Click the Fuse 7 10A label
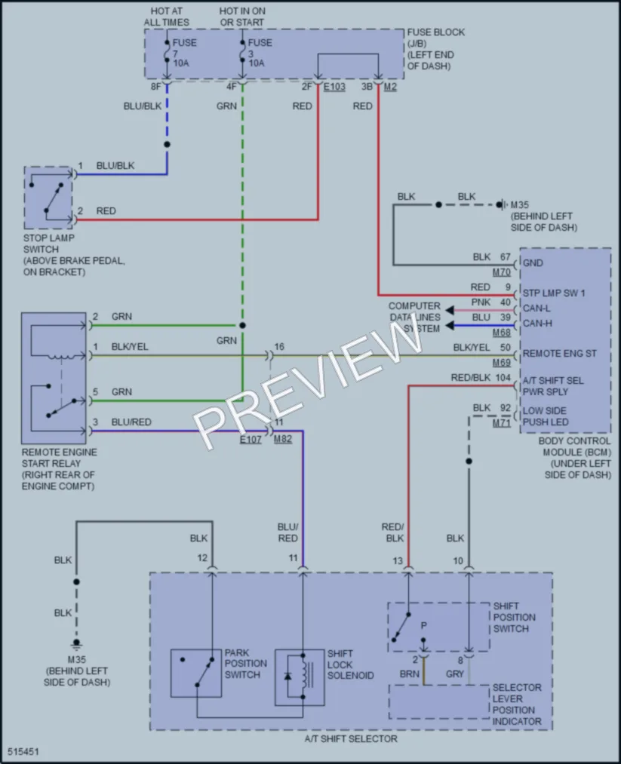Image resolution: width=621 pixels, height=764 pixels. coord(184,53)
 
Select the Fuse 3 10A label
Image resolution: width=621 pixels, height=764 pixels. coord(260,53)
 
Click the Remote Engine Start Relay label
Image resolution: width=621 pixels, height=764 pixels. coord(59,468)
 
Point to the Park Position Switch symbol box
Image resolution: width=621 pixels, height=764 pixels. coord(196,673)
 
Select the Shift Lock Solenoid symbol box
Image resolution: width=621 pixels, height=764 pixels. coord(300,677)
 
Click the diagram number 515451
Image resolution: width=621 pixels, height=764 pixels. coord(23,752)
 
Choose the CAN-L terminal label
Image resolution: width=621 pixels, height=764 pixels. coord(536,308)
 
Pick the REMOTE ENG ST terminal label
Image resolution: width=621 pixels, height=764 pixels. coord(560,353)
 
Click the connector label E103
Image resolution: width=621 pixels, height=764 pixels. coord(334,87)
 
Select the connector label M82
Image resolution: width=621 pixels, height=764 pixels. coord(283,438)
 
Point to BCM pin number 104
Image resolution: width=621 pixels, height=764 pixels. coord(503,377)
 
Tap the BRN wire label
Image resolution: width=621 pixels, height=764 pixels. coord(410,673)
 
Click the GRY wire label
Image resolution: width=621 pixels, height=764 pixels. coord(455,673)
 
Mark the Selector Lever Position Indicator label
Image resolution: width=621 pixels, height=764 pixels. coord(517,704)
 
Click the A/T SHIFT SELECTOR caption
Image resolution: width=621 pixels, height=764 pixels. coord(351,738)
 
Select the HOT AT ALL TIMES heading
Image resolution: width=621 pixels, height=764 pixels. coord(166,17)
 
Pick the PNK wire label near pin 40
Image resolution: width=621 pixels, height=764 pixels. coord(481,302)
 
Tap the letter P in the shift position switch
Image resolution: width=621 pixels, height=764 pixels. coord(423,625)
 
